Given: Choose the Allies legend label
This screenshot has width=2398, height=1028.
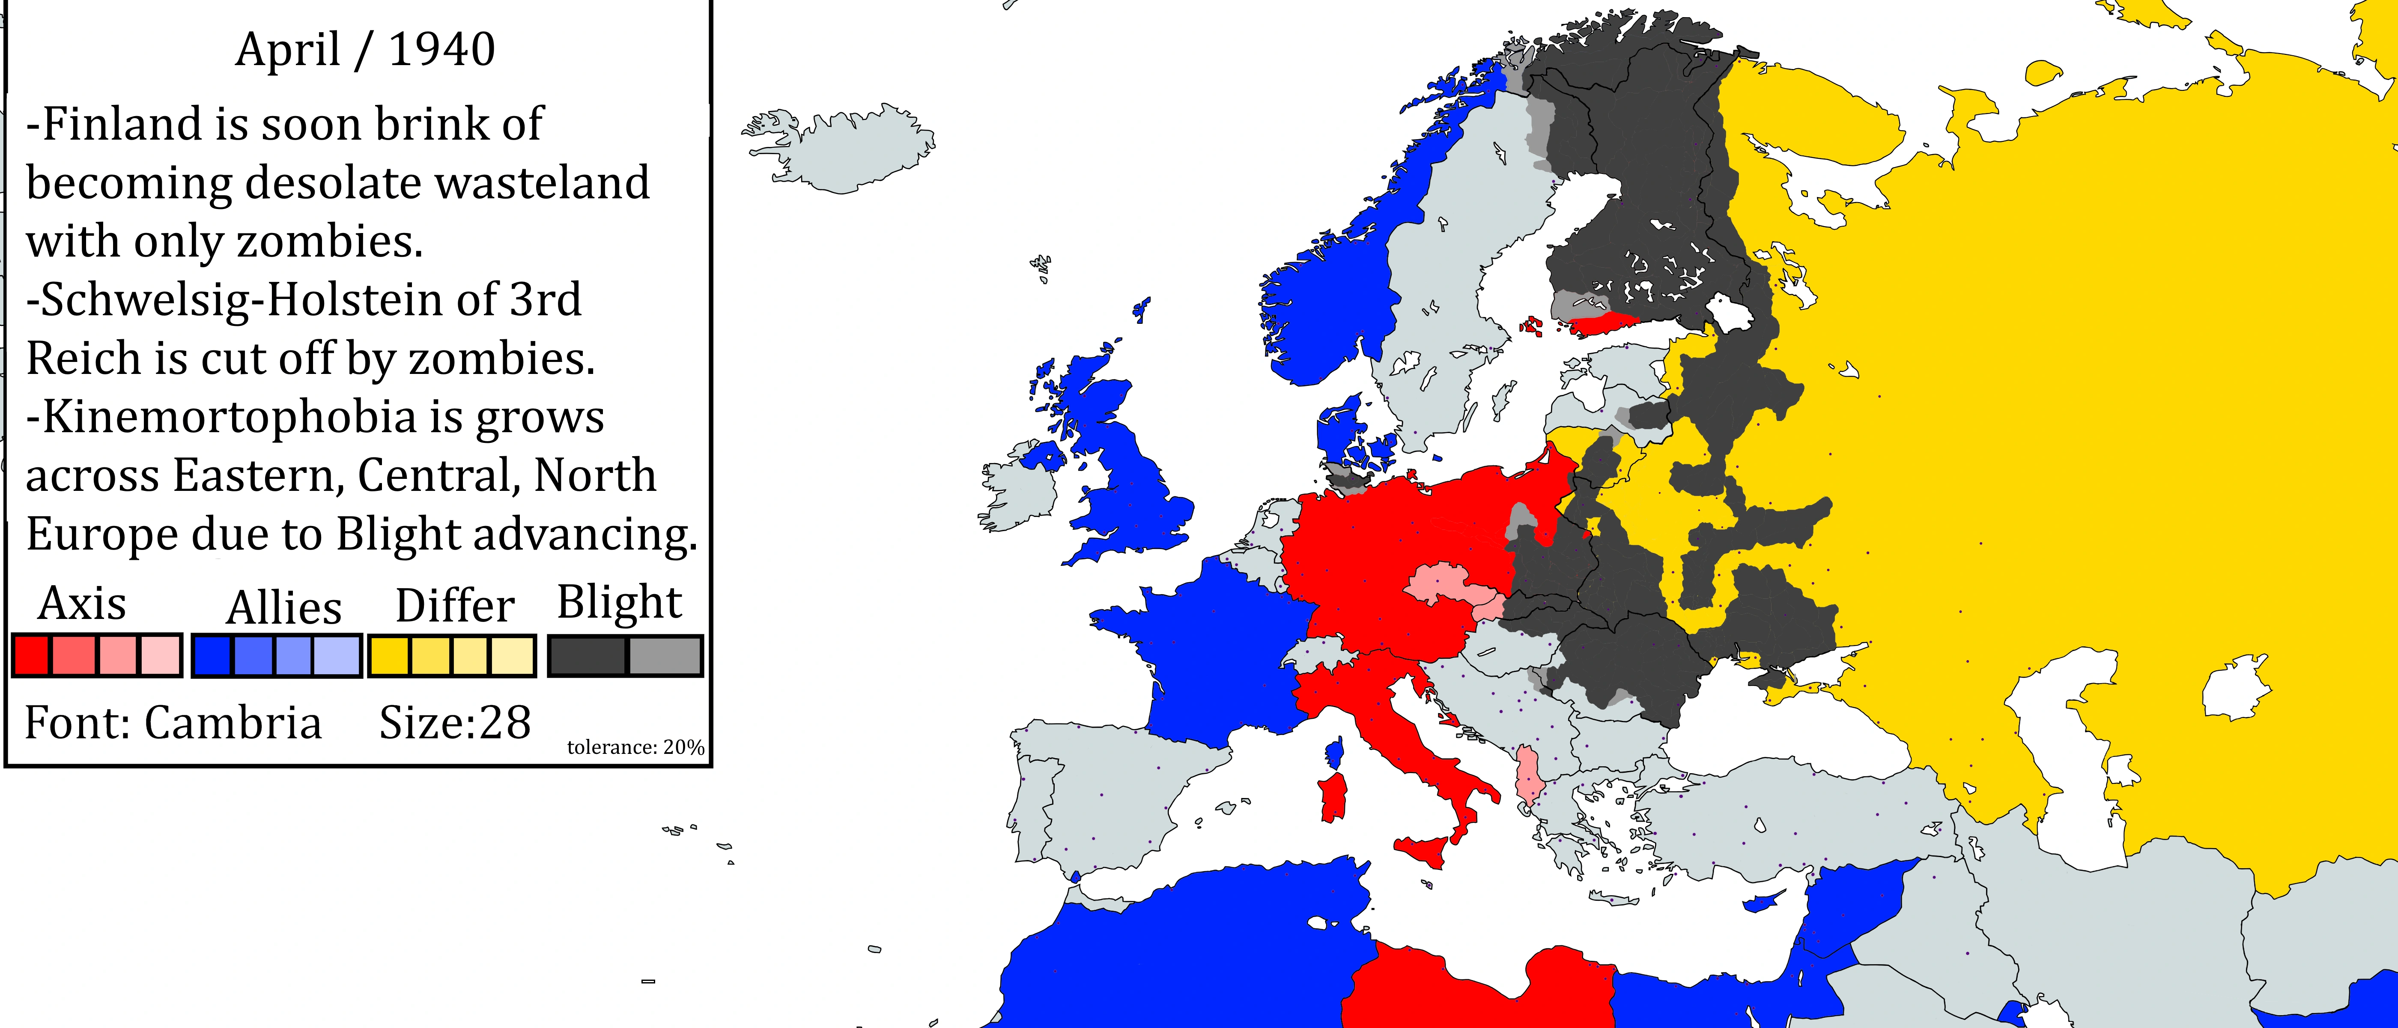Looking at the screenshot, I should coord(284,607).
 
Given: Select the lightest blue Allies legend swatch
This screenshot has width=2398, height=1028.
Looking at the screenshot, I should coord(336,655).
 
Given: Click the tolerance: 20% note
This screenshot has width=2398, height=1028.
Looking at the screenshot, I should coord(635,747).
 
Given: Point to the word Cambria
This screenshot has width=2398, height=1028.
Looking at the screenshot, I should coord(233,723).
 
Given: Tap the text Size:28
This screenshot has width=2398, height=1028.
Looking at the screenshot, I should coord(454,723).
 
